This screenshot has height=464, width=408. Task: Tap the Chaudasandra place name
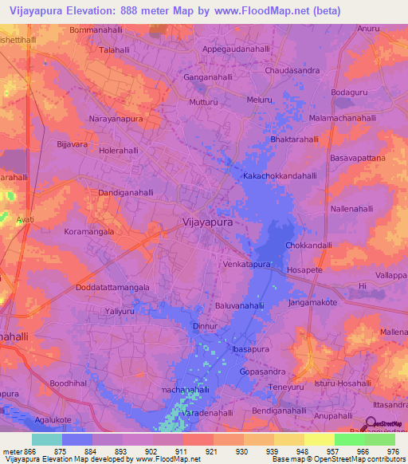click(x=296, y=69)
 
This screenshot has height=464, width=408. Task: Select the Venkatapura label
click(x=248, y=263)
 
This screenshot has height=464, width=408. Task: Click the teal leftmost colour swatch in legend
click(x=46, y=438)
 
